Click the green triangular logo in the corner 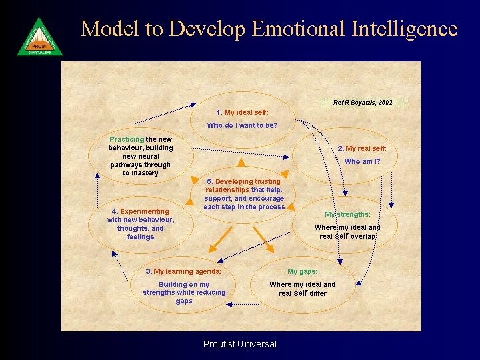[40, 37]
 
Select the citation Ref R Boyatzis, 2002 [363, 103]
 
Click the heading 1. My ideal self [242, 113]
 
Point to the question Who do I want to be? [242, 125]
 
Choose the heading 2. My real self [362, 148]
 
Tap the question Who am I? [362, 161]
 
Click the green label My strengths [347, 215]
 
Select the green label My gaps [302, 271]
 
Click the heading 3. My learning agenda [183, 271]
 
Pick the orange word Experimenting [145, 211]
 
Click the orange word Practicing [127, 139]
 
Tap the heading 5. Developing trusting [243, 181]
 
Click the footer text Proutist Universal [240, 344]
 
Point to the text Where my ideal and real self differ [303, 289]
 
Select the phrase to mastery [141, 173]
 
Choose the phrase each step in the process [244, 207]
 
